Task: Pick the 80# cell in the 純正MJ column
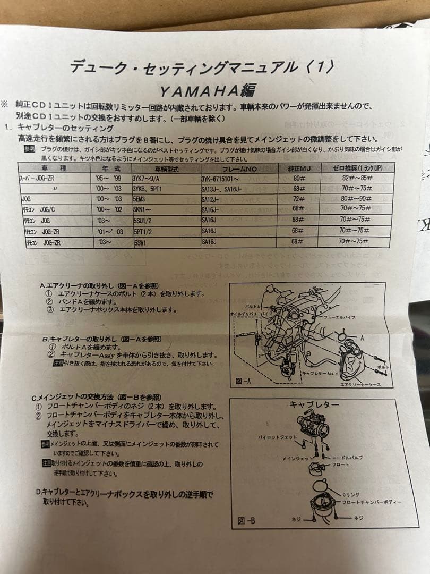(x=298, y=178)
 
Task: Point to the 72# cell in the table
(x=298, y=198)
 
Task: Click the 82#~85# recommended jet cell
(x=356, y=178)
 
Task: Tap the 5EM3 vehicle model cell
(x=141, y=198)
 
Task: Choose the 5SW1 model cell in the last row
(x=141, y=241)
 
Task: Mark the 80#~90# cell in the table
(x=356, y=198)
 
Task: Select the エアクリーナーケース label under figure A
(x=360, y=384)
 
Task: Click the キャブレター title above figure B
(x=314, y=405)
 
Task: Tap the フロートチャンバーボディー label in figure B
(x=372, y=502)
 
